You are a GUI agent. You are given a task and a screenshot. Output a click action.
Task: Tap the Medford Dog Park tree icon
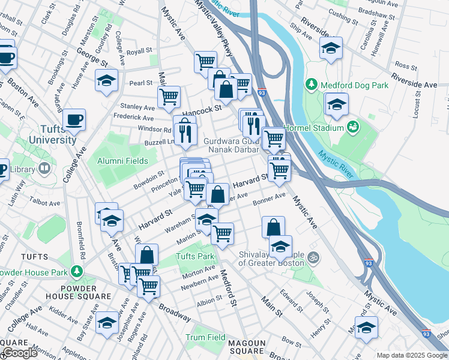(x=311, y=85)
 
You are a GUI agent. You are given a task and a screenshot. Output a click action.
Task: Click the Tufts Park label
(x=194, y=256)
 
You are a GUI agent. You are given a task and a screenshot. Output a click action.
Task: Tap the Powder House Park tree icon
(x=76, y=272)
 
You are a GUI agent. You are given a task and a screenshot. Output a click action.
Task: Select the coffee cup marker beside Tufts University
(x=74, y=119)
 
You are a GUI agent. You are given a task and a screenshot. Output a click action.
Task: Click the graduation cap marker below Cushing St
(x=330, y=48)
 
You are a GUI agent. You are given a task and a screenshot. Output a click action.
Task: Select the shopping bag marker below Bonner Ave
(x=273, y=227)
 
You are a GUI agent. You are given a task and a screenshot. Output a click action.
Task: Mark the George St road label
(x=92, y=57)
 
